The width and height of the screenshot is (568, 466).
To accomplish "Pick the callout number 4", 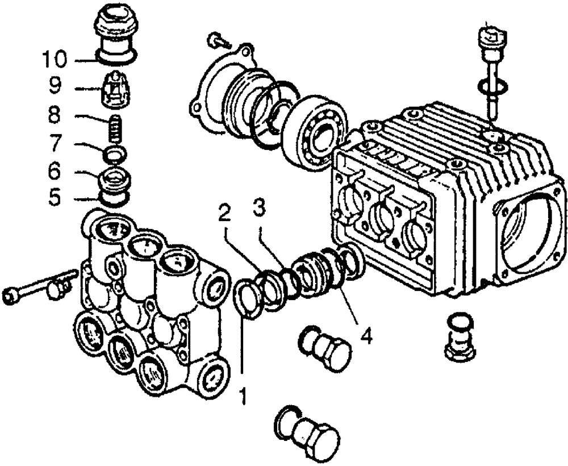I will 366,335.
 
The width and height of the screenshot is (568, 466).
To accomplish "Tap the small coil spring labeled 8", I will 115,129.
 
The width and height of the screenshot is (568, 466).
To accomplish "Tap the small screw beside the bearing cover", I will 219,39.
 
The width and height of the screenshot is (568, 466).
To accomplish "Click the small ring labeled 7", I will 115,153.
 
